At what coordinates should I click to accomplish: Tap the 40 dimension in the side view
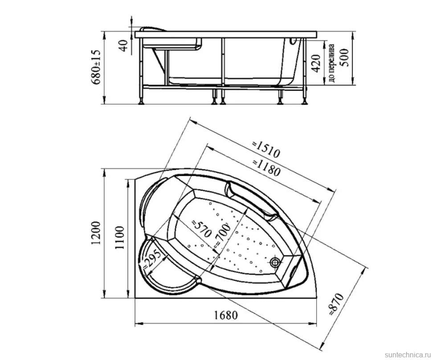[124, 45]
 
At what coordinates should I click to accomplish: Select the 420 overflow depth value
[317, 63]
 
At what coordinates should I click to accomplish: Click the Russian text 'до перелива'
[332, 63]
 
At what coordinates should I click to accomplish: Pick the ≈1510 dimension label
[266, 149]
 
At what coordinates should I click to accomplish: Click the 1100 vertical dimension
[120, 237]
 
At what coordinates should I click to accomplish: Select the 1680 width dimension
[225, 315]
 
